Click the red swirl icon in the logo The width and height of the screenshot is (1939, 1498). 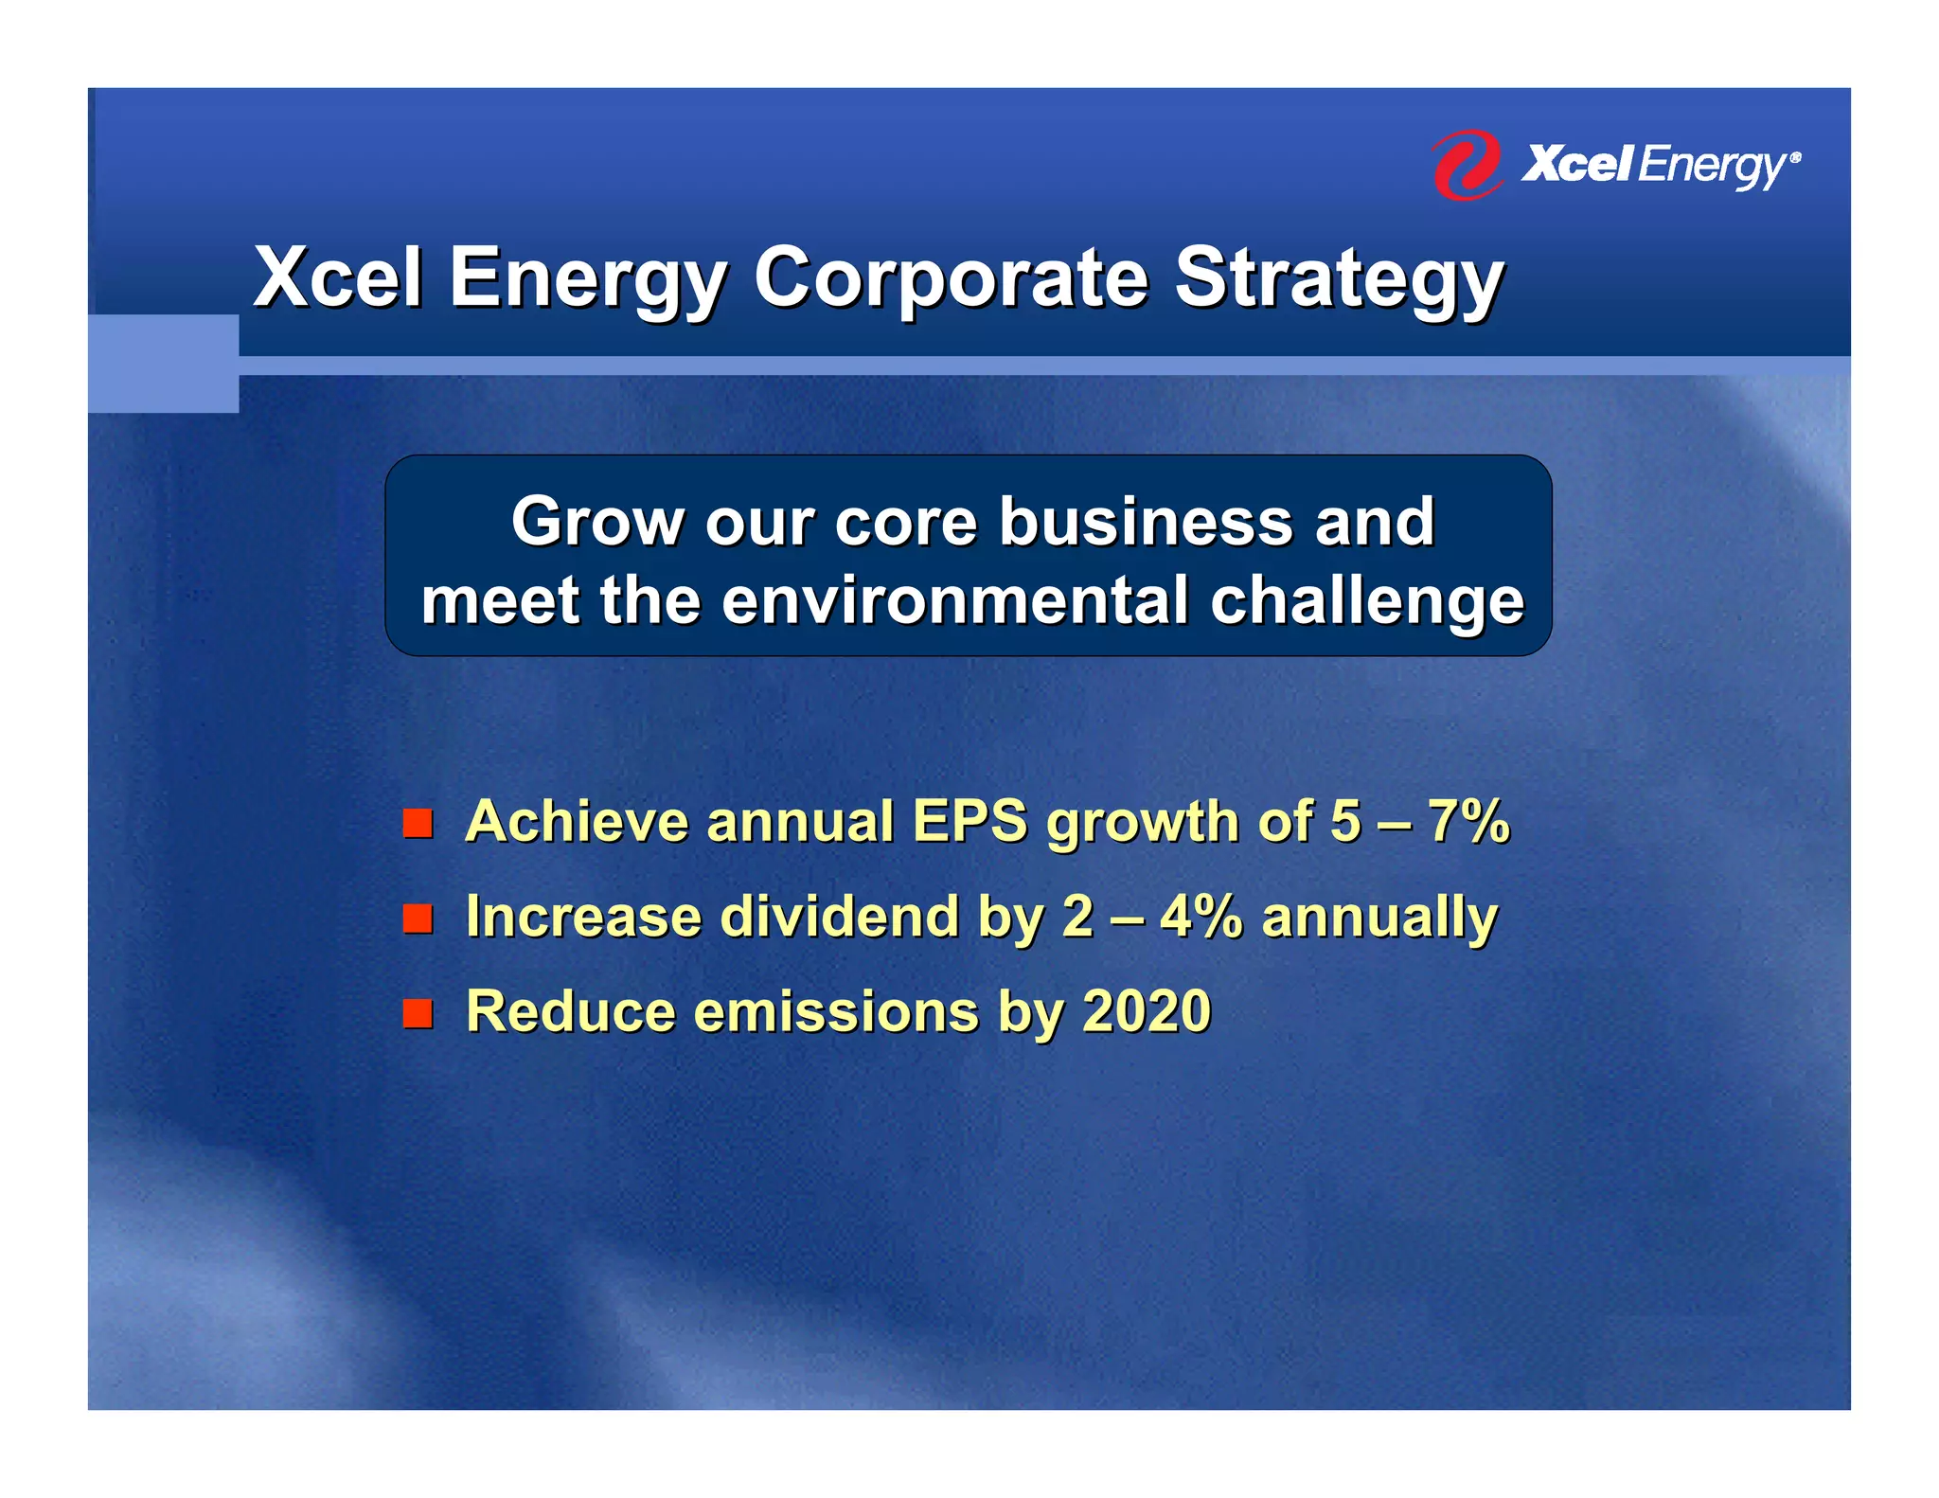1466,166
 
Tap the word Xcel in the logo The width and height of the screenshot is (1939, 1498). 1576,165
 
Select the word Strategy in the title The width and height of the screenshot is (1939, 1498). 1339,279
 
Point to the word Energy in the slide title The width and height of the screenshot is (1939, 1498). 587,279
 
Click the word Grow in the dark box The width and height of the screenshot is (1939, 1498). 596,522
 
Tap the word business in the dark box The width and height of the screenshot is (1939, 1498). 1147,522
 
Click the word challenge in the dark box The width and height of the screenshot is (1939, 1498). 1367,603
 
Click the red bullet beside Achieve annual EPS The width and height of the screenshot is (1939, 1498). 418,823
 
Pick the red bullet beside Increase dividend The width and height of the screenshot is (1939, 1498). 418,918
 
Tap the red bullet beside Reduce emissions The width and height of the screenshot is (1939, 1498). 418,1013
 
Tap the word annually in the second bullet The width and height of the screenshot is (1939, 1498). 1379,918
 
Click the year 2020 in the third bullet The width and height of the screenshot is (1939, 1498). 1147,1011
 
